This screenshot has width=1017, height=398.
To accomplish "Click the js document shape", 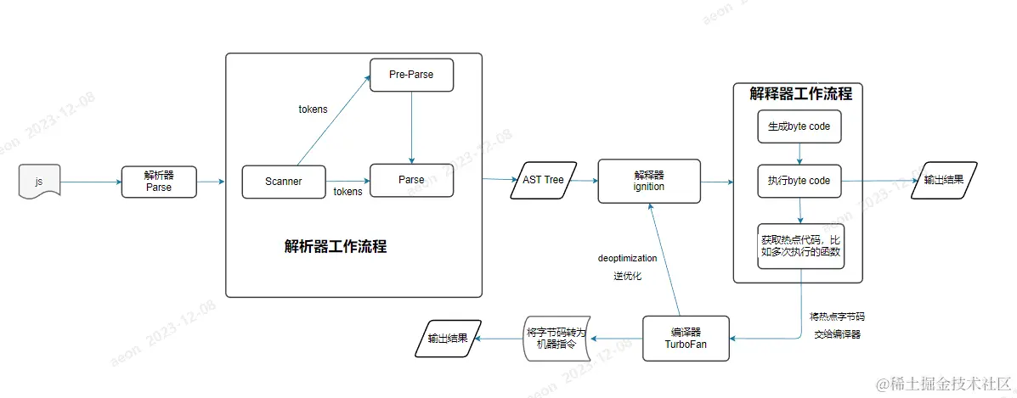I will (x=37, y=182).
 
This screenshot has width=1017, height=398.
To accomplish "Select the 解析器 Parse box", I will (x=159, y=182).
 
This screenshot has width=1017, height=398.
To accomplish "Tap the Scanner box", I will (x=283, y=181).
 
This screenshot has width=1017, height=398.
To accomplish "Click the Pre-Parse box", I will (x=411, y=75).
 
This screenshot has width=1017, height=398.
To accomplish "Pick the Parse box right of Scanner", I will (x=411, y=180).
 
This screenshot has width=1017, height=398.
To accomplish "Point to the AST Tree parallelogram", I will (x=542, y=180).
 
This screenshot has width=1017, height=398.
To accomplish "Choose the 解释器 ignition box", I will (x=648, y=180).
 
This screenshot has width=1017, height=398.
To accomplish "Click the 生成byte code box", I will (x=799, y=126).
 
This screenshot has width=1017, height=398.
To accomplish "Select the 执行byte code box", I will (x=799, y=181).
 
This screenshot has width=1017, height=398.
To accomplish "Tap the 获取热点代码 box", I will (x=799, y=246).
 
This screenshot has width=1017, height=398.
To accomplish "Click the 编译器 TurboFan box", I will (x=685, y=338).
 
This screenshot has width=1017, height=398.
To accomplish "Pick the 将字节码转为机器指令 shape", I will (x=556, y=338).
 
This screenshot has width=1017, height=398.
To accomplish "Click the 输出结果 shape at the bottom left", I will (x=447, y=338).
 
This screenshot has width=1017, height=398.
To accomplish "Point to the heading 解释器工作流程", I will (x=800, y=93).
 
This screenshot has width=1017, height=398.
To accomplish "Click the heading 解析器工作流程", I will (x=336, y=247).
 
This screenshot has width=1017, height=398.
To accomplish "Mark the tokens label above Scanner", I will (x=313, y=109).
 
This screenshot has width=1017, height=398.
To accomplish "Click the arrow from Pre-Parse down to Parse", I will (x=411, y=127).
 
